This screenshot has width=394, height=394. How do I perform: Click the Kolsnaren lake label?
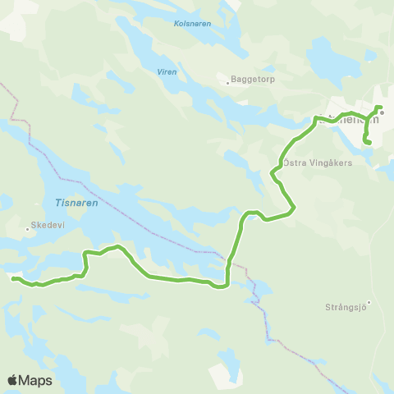point(193,24)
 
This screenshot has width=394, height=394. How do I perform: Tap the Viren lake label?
point(167,71)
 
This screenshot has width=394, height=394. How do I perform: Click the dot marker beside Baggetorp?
point(228,82)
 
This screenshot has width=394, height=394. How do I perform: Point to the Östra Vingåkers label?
point(318,163)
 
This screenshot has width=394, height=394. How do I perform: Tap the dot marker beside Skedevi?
point(27,230)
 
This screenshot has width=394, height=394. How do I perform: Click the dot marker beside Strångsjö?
point(369,303)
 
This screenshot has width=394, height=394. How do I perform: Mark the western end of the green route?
point(13,278)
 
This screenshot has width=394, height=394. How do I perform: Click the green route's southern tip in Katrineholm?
point(369,144)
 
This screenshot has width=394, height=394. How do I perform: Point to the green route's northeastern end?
point(379,108)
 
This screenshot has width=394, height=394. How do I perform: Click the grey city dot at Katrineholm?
point(382,113)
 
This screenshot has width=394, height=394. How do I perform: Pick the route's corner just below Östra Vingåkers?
point(273,172)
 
